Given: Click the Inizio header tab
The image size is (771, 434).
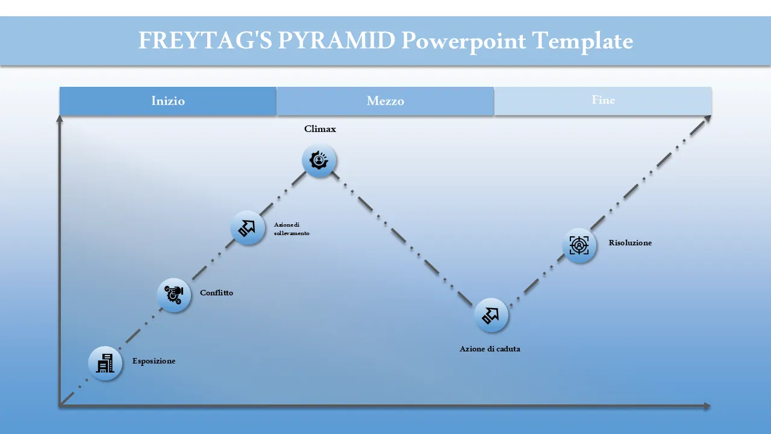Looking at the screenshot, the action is click(168, 101).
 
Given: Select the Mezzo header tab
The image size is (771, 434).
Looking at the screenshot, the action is click(385, 101).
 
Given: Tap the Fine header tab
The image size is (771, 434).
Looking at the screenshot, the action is click(603, 101).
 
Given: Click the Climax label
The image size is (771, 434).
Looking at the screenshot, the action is click(320, 129).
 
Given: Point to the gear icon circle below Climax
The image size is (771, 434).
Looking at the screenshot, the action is click(319, 160).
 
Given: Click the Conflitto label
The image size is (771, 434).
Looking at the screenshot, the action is click(216, 293).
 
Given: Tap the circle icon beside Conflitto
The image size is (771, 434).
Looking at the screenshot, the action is click(174, 295).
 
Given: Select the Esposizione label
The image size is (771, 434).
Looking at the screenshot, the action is click(154, 361).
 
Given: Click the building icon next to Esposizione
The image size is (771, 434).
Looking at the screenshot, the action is click(105, 363).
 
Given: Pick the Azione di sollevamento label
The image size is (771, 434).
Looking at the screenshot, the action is click(292, 228).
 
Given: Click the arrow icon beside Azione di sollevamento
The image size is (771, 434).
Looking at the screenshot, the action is click(248, 228).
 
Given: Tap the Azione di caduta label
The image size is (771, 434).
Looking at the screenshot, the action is click(490, 349).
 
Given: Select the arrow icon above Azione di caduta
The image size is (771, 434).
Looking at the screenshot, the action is click(491, 315).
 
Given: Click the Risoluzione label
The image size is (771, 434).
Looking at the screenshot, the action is click(630, 243).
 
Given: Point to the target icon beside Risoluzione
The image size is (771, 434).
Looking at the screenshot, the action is click(579, 245).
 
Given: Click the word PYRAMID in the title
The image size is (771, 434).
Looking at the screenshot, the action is click(336, 40).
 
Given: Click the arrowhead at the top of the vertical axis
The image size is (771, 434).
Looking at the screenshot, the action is click(60, 119).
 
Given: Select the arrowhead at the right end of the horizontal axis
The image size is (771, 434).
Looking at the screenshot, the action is click(707, 406).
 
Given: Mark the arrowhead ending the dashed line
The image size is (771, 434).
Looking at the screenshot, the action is click(707, 119).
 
